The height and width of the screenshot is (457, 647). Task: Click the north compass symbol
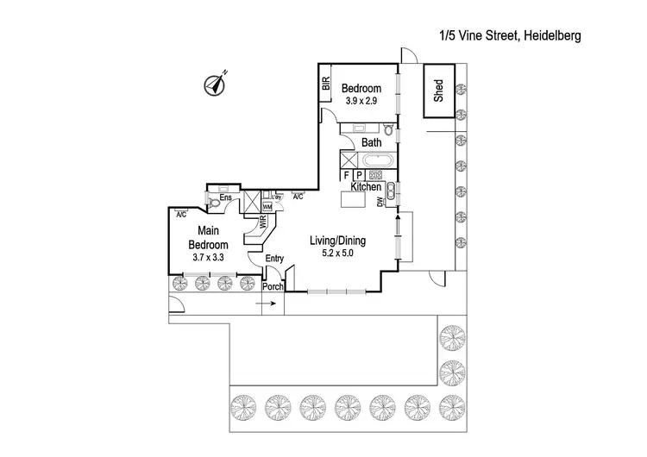pyautogui.click(x=215, y=85)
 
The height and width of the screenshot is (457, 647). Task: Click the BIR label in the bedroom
pyautogui.click(x=325, y=84)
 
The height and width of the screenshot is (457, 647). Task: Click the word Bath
pyautogui.click(x=371, y=142)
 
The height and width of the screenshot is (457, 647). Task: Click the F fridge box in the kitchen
pyautogui.click(x=347, y=175)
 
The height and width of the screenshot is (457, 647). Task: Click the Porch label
pyautogui.click(x=273, y=287)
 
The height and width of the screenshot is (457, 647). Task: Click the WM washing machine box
pyautogui.click(x=267, y=207)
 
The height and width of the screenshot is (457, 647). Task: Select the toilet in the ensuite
pyautogui.click(x=213, y=203)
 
